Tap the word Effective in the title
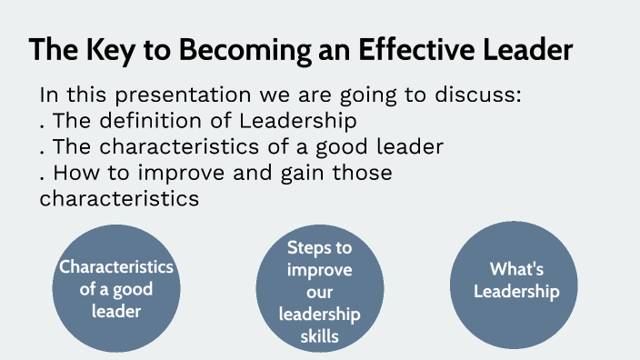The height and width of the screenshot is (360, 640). point(402,50)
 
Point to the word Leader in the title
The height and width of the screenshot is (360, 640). point(528,50)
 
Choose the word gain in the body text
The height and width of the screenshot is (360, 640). point(302,172)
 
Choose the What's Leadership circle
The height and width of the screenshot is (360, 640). point(515,282)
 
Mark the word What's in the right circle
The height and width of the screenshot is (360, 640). point(515,269)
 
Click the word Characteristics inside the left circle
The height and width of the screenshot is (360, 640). point(115,267)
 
